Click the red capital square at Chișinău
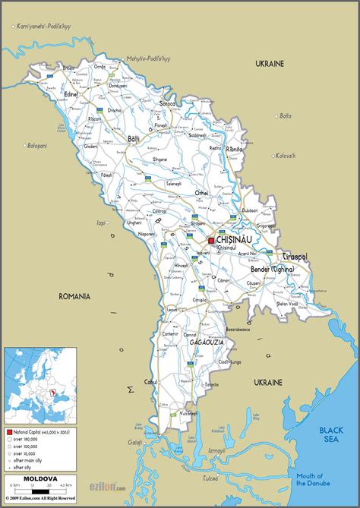[x=211, y=241]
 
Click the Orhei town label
[x=201, y=193]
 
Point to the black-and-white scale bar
[x=37, y=487]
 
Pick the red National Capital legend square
[x=9, y=431]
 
